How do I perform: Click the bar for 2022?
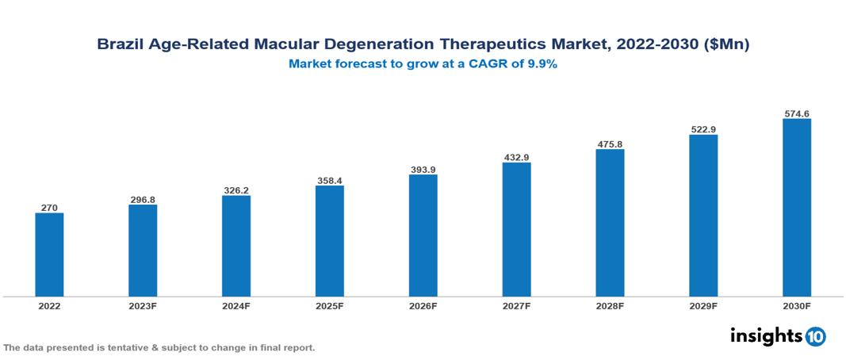point(49,255)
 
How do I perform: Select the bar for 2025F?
point(329,241)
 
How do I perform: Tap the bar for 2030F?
point(797,208)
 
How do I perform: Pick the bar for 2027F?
point(516,229)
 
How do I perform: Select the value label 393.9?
point(423,169)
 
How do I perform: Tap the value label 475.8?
point(610,144)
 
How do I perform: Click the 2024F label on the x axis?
point(235,305)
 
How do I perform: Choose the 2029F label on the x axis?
point(703,305)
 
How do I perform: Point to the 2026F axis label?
point(423,305)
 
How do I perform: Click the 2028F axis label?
point(610,305)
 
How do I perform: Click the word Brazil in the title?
point(118,45)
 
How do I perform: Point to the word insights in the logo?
point(766,335)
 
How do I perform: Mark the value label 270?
point(49,207)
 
